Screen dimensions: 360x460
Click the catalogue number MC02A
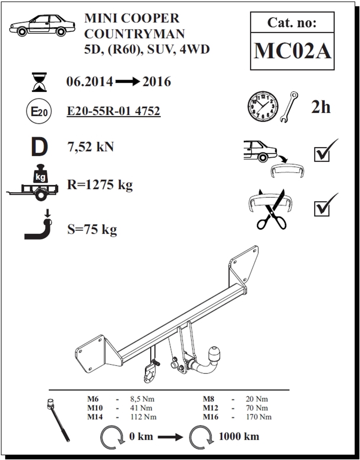coord(293,51)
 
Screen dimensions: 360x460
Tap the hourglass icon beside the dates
coord(39,82)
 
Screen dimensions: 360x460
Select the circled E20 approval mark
coord(39,111)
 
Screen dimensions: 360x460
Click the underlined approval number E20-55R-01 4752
coord(114,111)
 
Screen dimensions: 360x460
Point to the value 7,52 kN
coord(90,147)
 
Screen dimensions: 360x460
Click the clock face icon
coord(263,107)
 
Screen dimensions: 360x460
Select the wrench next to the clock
coord(289,107)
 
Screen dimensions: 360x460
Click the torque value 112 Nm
coord(143,417)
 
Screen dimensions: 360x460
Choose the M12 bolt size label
coord(211,408)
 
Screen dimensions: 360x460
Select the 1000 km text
coord(239,437)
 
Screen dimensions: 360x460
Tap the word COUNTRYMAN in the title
coord(135,34)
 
